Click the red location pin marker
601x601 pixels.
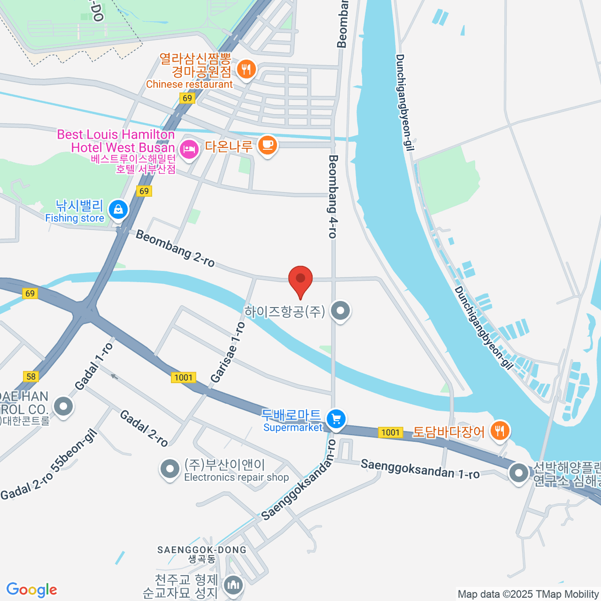point(300,279)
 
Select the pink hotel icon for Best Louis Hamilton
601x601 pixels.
point(188,149)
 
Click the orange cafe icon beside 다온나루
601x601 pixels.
point(267,145)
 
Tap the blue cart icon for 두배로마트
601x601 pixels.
point(336,419)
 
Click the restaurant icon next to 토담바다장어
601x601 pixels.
point(499,430)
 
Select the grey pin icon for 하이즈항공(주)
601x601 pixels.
point(341,311)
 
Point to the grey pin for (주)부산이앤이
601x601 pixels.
point(170,469)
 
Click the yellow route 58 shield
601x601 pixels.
point(31,376)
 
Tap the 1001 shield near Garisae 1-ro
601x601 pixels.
point(183,377)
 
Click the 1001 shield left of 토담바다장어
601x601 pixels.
point(391,432)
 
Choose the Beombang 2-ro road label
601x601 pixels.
point(175,248)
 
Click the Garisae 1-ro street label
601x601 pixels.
point(228,353)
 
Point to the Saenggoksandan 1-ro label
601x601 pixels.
point(420,469)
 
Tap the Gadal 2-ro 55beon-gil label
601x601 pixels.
point(49,465)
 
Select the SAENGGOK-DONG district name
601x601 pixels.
point(201,550)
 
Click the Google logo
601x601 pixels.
point(32,590)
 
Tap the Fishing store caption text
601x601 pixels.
point(75,218)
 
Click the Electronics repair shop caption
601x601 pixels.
point(236,477)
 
